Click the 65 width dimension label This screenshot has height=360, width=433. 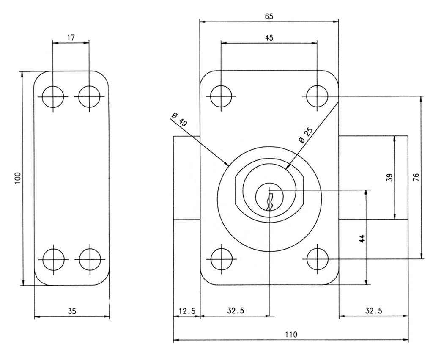269,16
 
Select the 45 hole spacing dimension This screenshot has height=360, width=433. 269,38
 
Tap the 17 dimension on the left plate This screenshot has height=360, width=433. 71,38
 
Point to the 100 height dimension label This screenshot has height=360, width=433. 17,179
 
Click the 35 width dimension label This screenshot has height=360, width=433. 72,311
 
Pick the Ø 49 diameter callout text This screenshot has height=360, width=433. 179,119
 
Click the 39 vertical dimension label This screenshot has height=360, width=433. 389,177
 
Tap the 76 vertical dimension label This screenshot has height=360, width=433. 416,177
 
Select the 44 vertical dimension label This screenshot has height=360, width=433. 362,239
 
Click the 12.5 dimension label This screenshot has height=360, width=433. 187,311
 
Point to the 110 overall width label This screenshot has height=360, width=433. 291,334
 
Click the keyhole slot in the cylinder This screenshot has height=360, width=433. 270,202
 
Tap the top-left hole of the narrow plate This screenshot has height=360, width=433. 53,97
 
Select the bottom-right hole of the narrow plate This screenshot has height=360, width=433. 90,260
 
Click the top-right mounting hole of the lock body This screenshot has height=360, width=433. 318,96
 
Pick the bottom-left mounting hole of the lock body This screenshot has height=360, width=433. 221,259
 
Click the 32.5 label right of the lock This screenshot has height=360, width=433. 374,311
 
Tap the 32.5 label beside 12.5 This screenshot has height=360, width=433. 236,311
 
